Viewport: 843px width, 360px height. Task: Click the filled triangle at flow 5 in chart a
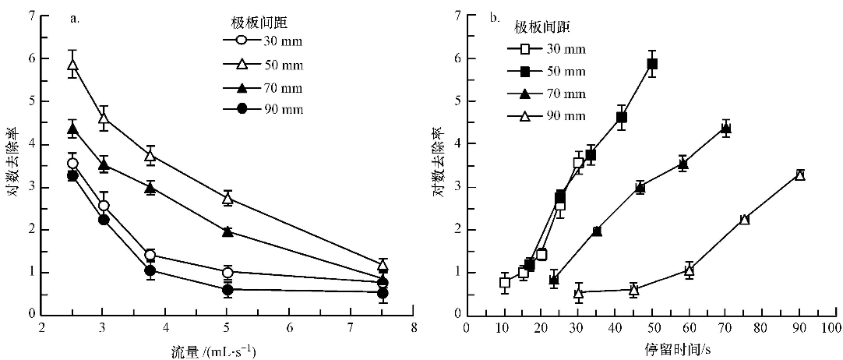click(x=228, y=231)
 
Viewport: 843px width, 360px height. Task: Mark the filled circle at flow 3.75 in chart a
click(x=150, y=270)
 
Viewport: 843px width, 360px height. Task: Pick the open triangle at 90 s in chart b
click(x=799, y=175)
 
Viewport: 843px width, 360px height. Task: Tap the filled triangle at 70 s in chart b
click(x=726, y=129)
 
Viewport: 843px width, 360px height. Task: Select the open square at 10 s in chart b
click(x=504, y=283)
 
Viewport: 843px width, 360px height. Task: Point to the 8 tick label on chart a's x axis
click(x=414, y=329)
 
